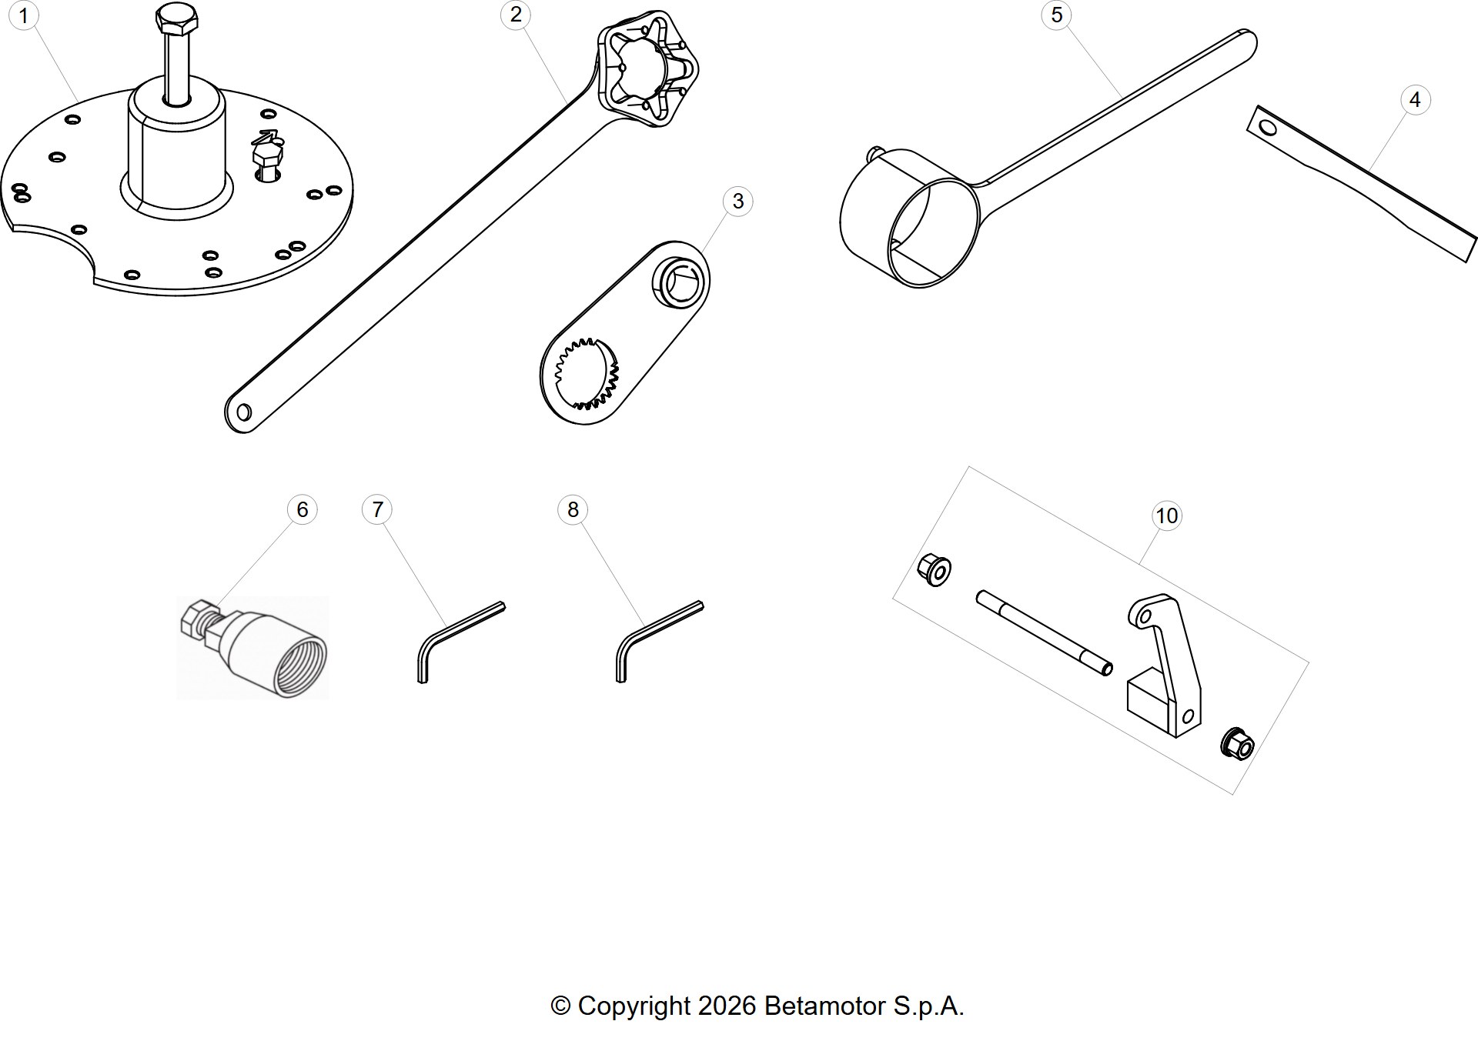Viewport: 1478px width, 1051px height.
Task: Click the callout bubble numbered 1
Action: click(x=24, y=15)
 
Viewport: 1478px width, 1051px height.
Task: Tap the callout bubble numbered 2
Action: click(x=516, y=15)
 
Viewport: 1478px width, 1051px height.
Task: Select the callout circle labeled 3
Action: click(x=738, y=202)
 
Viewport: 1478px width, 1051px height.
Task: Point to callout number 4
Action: click(x=1415, y=100)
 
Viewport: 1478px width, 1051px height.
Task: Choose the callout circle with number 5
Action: click(x=1057, y=15)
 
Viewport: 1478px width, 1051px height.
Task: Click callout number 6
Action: click(x=303, y=509)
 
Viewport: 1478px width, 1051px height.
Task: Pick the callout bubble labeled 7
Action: click(x=377, y=509)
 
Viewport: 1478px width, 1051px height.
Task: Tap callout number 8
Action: click(x=573, y=509)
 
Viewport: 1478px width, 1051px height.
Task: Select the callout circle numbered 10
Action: click(x=1167, y=515)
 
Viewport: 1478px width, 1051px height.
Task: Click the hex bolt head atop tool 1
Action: click(x=176, y=17)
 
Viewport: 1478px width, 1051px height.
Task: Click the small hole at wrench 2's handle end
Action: click(x=244, y=412)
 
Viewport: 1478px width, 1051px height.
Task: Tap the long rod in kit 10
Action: click(x=1045, y=633)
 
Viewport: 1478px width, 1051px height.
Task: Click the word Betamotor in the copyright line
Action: click(x=825, y=1006)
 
